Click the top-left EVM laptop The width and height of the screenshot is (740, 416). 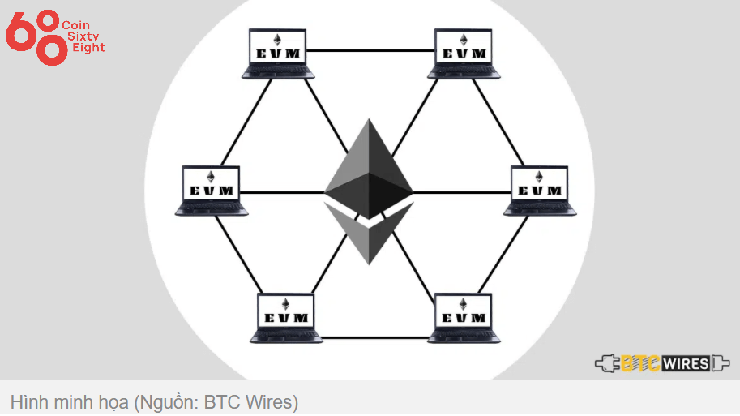point(277,54)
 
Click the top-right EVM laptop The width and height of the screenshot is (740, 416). point(464,54)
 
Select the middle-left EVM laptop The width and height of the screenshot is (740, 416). point(211,191)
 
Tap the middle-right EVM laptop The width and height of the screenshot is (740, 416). point(539,191)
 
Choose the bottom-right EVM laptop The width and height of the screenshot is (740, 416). point(464,317)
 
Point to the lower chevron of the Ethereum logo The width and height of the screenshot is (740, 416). point(369,235)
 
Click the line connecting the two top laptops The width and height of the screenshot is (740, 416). point(370,51)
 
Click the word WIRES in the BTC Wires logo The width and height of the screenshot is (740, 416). point(687,363)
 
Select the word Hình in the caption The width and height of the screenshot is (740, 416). point(27,401)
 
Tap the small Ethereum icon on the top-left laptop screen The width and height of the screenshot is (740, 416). point(277,40)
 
